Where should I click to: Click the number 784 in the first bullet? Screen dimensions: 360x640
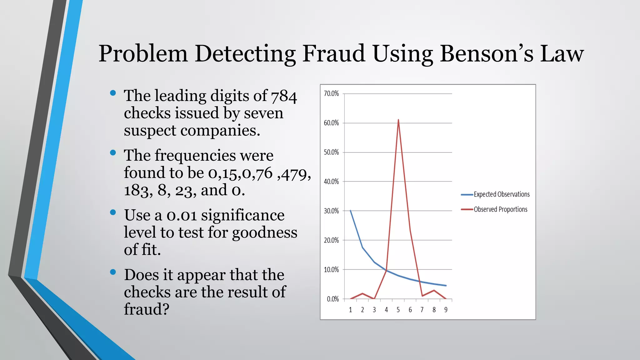pyautogui.click(x=284, y=96)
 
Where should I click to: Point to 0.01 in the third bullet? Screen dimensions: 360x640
pyautogui.click(x=182, y=215)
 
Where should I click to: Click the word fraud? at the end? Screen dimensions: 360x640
pyautogui.click(x=147, y=309)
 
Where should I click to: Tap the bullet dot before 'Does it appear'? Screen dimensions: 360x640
pyautogui.click(x=113, y=272)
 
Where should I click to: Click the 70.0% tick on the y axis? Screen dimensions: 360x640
pyautogui.click(x=331, y=93)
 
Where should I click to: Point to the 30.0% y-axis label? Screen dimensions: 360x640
pyautogui.click(x=331, y=211)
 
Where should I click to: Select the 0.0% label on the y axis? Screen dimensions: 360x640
pyautogui.click(x=333, y=299)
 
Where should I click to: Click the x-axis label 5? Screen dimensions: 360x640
pyautogui.click(x=398, y=310)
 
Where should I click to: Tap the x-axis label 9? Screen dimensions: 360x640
pyautogui.click(x=446, y=310)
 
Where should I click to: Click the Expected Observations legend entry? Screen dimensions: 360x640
pyautogui.click(x=501, y=194)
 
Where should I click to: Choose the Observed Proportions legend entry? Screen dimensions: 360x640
pyautogui.click(x=500, y=209)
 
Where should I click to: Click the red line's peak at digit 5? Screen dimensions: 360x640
pyautogui.click(x=398, y=120)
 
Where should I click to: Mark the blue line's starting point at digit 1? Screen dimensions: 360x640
pyautogui.click(x=350, y=211)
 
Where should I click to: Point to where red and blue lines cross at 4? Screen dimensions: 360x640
pyautogui.click(x=387, y=270)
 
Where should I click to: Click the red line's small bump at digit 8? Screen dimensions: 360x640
pyautogui.click(x=434, y=290)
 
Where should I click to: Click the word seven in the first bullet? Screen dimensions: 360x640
pyautogui.click(x=263, y=113)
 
